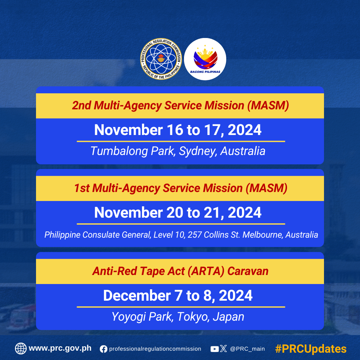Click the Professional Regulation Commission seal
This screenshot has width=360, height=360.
(161, 59)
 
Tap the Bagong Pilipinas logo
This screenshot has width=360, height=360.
(205, 59)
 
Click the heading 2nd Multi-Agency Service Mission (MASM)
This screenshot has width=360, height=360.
(180, 106)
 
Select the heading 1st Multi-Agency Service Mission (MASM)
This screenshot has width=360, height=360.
(180, 188)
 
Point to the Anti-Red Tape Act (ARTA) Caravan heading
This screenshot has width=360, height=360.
(180, 271)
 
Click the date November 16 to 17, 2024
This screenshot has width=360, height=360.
(178, 130)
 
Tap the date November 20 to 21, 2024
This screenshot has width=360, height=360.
(178, 213)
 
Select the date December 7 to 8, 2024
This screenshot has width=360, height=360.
(178, 295)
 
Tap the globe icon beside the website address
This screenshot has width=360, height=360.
(21, 349)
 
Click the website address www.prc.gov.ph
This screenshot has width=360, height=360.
(60, 348)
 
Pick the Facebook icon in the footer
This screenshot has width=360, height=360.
(104, 349)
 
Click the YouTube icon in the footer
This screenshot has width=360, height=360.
(215, 349)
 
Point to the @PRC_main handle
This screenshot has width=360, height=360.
(247, 349)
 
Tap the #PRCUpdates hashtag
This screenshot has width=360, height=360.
(311, 349)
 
